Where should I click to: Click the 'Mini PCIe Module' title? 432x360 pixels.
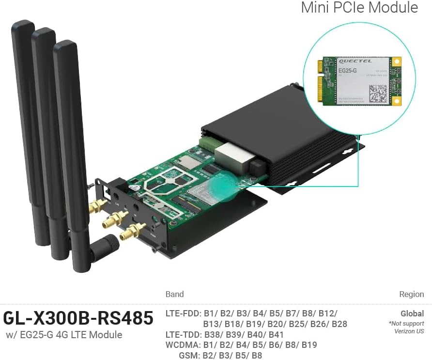pos(359,8)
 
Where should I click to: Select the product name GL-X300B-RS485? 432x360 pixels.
pos(78,318)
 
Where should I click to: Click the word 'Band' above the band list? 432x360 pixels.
pos(175,294)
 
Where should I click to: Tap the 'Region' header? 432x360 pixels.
pos(411,294)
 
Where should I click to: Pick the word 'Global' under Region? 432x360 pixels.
pos(412,313)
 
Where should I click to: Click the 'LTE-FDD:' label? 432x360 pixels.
pos(183,313)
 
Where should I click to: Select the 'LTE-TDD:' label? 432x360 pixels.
pos(183,334)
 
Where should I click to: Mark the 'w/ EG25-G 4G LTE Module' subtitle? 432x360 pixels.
pos(64,335)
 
